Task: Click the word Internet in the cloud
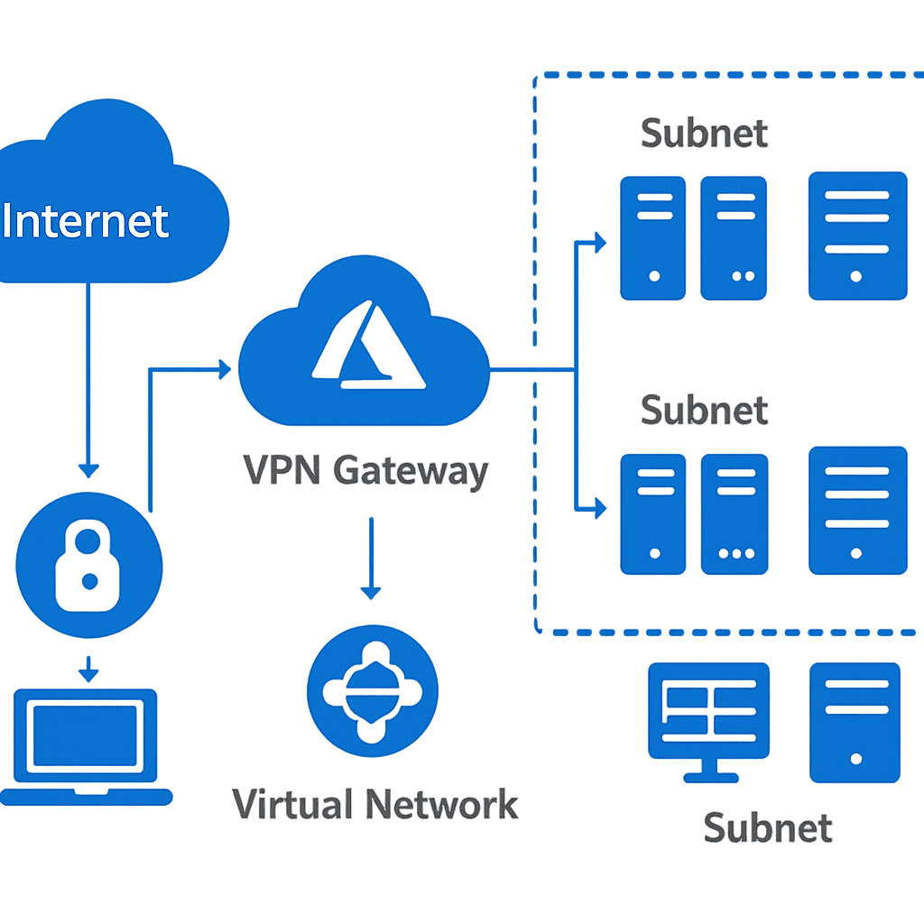click(86, 221)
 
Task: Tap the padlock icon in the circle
click(89, 568)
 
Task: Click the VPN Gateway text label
click(366, 471)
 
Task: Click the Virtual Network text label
click(375, 804)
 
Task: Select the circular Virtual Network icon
click(373, 690)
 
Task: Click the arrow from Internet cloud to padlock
click(88, 379)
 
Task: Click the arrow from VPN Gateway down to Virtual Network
click(370, 559)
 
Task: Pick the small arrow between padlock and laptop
click(88, 670)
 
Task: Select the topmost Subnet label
click(704, 134)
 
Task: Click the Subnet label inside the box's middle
click(704, 410)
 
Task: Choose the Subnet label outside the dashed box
click(767, 827)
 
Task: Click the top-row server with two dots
click(734, 238)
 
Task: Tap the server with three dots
click(734, 514)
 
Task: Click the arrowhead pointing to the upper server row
click(599, 242)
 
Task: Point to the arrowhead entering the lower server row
click(599, 509)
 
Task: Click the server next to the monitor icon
click(855, 722)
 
